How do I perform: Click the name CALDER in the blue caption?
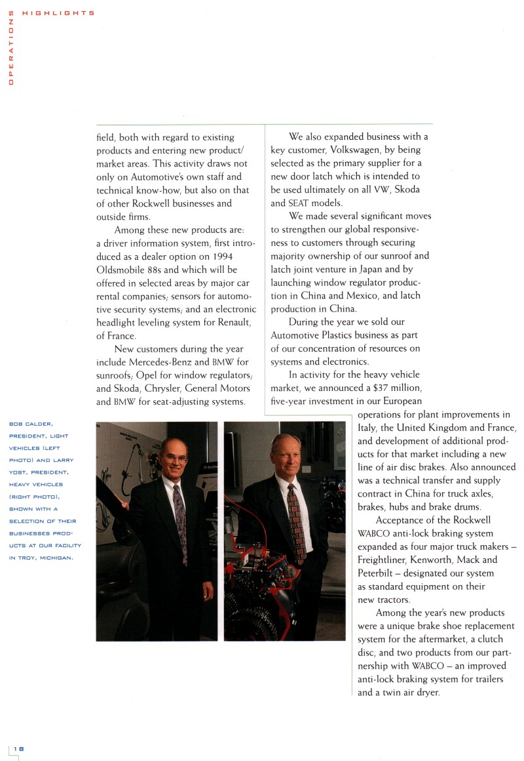coord(41,424)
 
